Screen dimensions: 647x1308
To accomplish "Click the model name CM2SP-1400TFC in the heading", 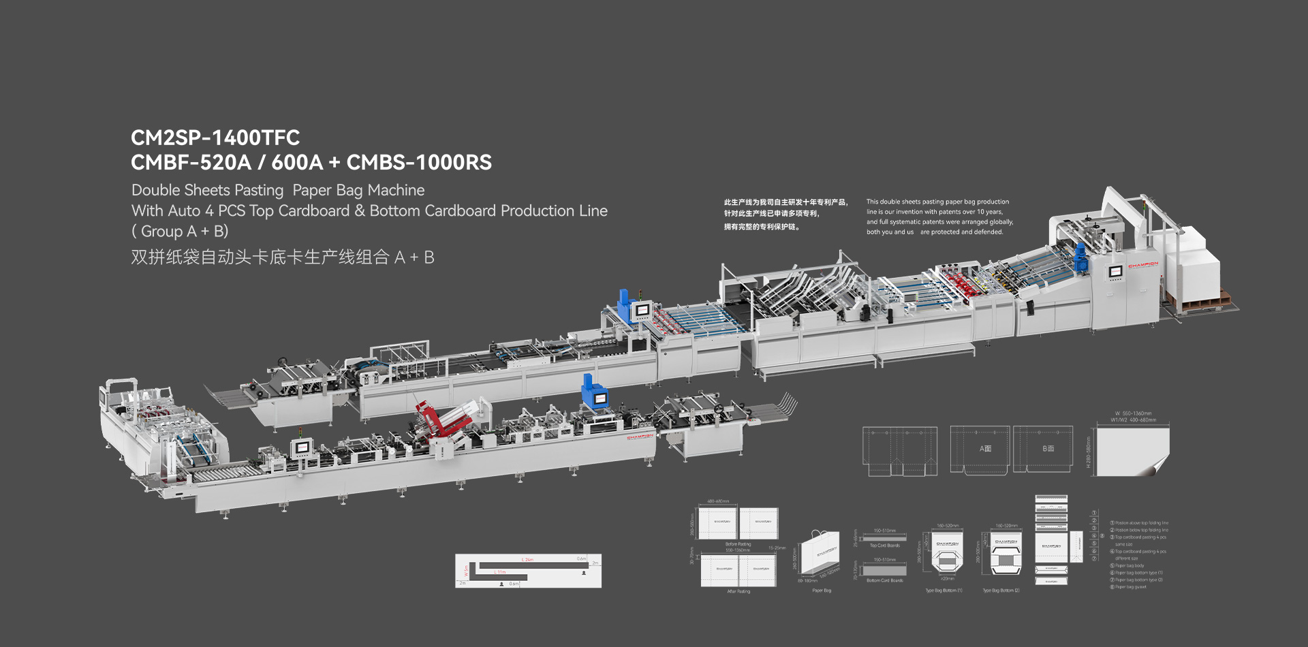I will [x=215, y=138].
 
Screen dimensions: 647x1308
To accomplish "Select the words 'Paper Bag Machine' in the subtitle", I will [x=358, y=191].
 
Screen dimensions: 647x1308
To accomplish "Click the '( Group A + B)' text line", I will [x=179, y=232].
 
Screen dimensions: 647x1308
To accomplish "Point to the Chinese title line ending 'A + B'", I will [x=282, y=257].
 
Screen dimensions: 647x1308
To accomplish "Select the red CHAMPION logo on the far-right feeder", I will [x=1142, y=265].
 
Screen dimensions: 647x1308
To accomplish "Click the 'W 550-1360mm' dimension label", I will [x=1133, y=413].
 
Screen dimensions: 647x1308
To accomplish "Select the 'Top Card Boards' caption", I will [x=884, y=546].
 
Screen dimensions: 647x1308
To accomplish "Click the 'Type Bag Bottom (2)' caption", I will [x=1001, y=590].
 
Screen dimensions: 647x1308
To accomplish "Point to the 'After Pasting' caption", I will [x=738, y=591].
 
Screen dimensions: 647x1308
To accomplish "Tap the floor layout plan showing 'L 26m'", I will [x=528, y=571].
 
